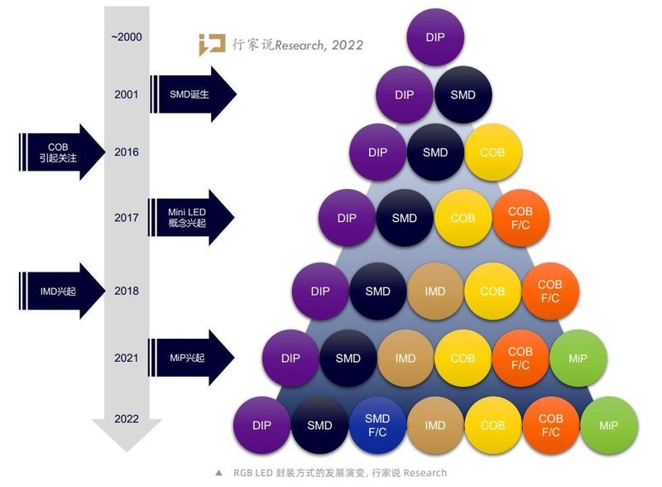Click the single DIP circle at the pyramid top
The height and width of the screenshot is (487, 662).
point(436,38)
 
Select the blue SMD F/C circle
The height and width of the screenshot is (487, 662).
point(377,425)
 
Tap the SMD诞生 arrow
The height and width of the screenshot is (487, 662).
point(193,94)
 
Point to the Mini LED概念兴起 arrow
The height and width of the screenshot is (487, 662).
point(191,218)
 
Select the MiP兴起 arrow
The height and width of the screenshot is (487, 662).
point(191,357)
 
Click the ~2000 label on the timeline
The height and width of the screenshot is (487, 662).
point(126,37)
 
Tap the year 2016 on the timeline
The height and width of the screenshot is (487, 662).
point(127,152)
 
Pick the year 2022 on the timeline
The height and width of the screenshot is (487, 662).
point(127,419)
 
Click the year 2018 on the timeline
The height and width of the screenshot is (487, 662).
point(127,292)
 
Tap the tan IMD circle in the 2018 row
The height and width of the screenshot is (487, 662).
point(435,292)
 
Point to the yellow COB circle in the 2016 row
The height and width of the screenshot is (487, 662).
point(492,152)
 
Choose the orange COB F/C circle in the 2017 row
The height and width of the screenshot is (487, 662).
point(520,218)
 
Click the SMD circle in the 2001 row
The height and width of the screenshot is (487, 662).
point(463,94)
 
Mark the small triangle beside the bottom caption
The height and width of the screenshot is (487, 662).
point(218,474)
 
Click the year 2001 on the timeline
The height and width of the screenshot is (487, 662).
point(127,94)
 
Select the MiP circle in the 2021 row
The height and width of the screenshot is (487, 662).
point(578,359)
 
